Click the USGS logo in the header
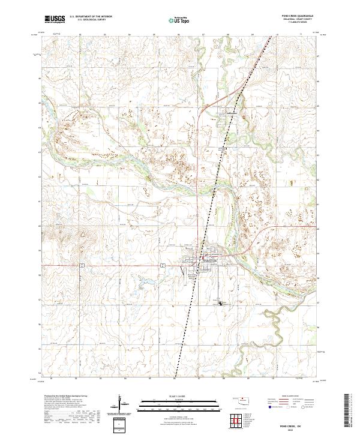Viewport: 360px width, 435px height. [x=55, y=20]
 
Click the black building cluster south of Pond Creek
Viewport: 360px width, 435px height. [x=221, y=304]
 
